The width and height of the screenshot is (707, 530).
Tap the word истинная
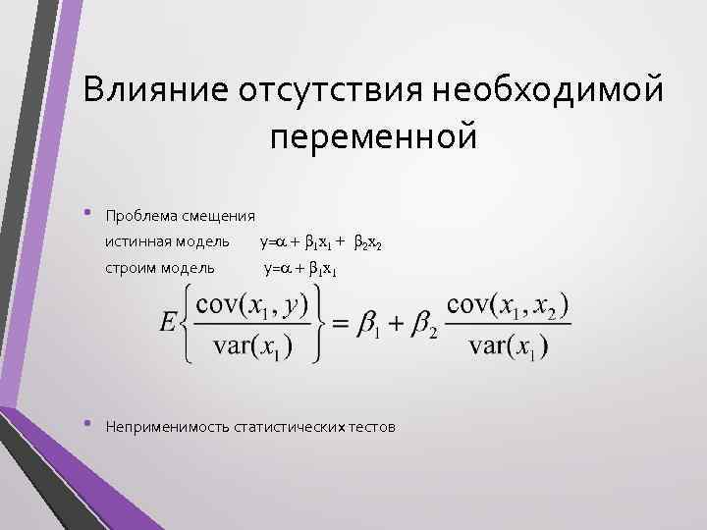click(x=136, y=241)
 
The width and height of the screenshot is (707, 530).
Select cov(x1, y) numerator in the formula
click(x=252, y=305)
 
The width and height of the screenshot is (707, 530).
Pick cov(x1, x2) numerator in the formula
click(x=508, y=305)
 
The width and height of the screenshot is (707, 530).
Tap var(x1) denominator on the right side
click(x=507, y=346)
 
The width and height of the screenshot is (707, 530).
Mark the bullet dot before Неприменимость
click(x=88, y=424)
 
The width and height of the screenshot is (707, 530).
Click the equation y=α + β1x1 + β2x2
click(x=313, y=242)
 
